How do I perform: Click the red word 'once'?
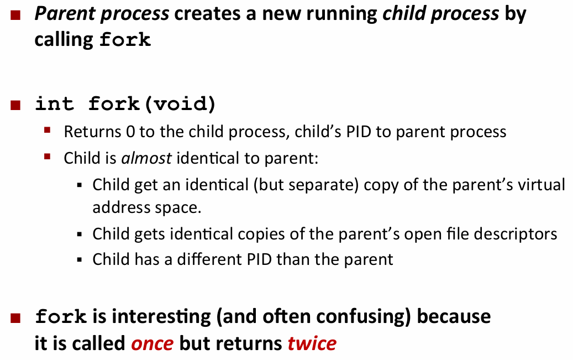153,344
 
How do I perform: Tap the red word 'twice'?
312,343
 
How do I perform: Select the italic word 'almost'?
146,158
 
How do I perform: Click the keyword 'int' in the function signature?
54,103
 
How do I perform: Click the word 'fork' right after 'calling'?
125,39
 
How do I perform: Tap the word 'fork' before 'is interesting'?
61,316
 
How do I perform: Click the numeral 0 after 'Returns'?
130,132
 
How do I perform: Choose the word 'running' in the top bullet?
341,14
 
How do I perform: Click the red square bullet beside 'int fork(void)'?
15,105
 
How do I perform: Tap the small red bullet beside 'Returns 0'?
47,130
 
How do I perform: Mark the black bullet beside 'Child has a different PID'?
80,260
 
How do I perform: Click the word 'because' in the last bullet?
454,316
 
